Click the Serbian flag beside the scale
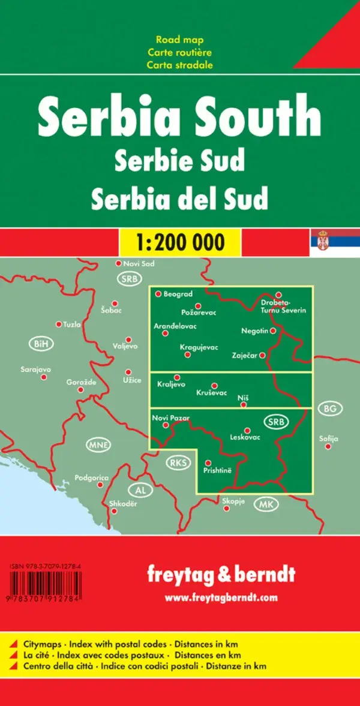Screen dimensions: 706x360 point(335,242)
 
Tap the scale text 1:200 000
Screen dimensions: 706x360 point(180,242)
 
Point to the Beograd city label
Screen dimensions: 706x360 point(178,294)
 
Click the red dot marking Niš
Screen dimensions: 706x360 point(243,405)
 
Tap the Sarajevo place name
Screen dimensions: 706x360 point(35,369)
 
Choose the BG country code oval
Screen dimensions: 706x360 point(330,409)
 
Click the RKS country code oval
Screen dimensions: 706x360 point(177,462)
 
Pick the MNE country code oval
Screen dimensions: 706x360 point(98,445)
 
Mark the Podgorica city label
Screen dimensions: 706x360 point(92,478)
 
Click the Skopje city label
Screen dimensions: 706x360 point(233,501)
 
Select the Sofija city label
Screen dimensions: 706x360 point(329,438)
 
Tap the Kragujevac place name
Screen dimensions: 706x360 point(199,347)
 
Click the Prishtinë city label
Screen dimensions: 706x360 point(218,472)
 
